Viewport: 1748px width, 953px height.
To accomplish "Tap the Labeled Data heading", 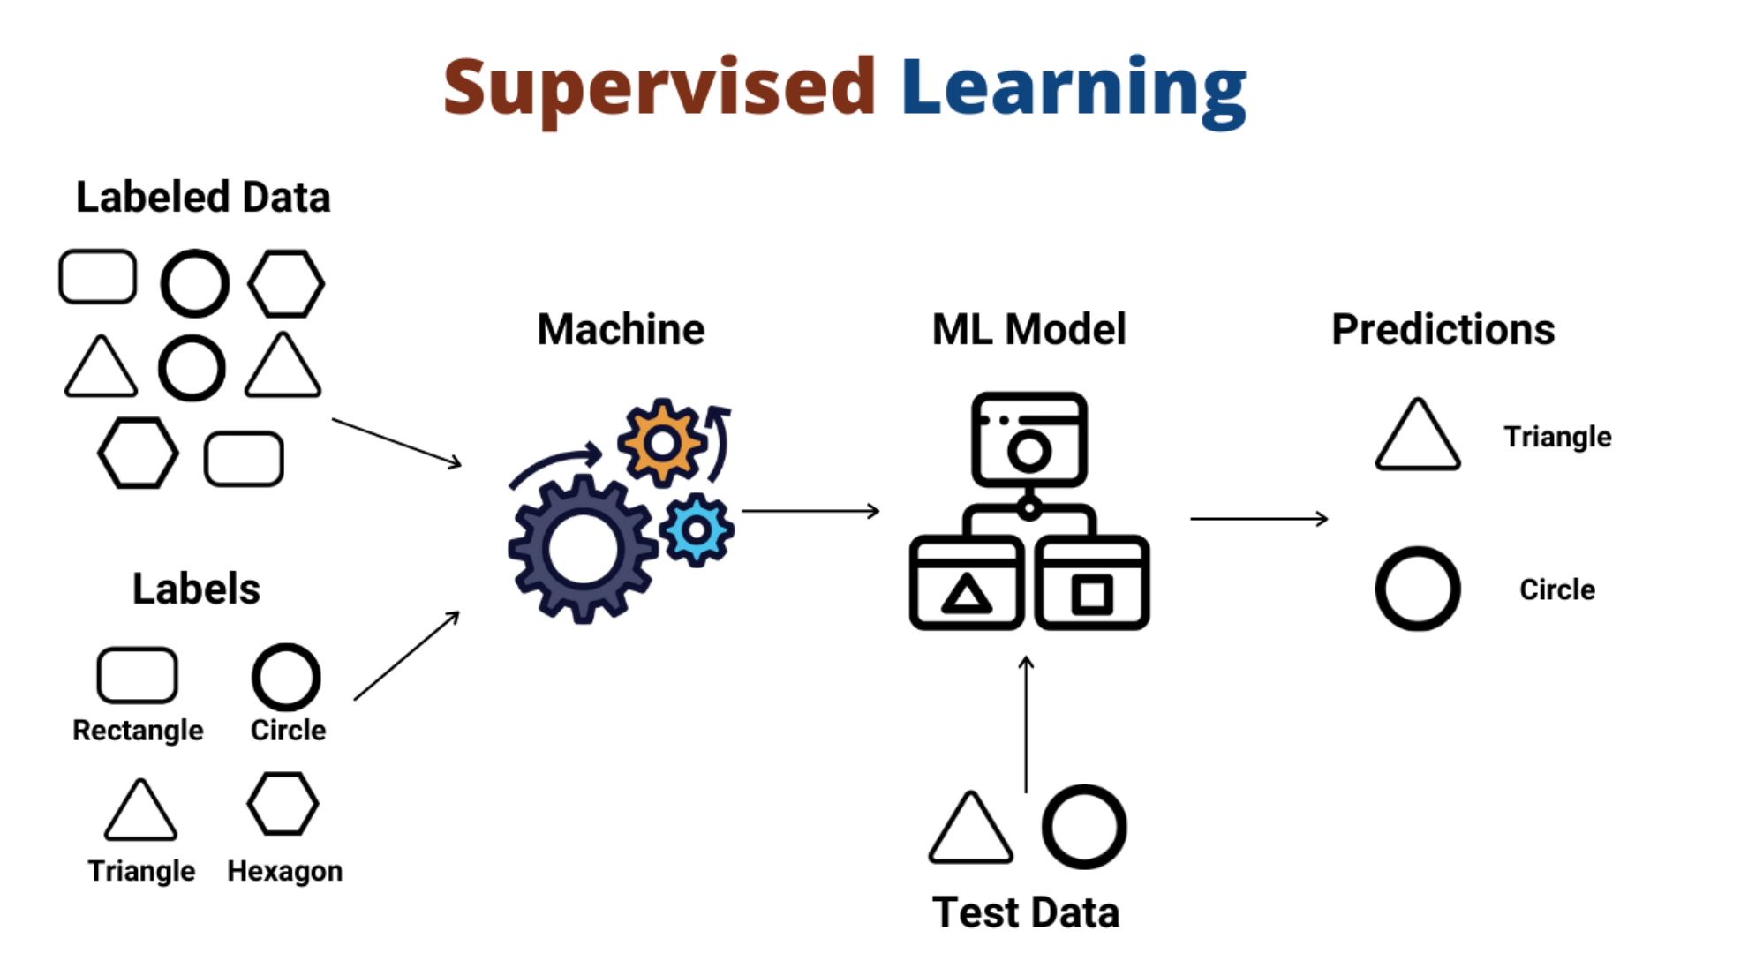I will tap(203, 197).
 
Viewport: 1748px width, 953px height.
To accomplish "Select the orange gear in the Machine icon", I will tap(661, 442).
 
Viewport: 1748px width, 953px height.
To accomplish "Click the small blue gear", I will tap(697, 529).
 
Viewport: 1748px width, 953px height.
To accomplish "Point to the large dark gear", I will tap(583, 549).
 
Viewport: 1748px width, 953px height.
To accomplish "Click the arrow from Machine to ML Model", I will tap(810, 511).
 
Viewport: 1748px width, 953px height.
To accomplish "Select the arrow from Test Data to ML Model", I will tap(1026, 724).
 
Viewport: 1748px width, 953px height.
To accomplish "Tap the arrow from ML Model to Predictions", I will tap(1258, 519).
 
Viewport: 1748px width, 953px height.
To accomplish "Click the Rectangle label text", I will tap(138, 731).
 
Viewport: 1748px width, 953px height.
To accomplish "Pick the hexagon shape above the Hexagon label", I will tap(283, 804).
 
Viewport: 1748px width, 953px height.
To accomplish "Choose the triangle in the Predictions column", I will tap(1417, 436).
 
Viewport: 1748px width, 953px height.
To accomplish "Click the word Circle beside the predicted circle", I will tap(1556, 589).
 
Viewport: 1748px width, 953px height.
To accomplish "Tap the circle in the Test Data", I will tap(1083, 827).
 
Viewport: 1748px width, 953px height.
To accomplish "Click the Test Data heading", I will tap(1025, 912).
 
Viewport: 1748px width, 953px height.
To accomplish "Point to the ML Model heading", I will tap(1028, 330).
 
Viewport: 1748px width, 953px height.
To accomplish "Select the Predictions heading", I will tap(1443, 330).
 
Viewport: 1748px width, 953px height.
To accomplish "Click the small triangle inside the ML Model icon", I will tap(967, 594).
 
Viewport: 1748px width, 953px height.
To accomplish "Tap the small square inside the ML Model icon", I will tap(1092, 594).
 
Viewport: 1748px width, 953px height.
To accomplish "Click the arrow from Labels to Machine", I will tap(406, 657).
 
